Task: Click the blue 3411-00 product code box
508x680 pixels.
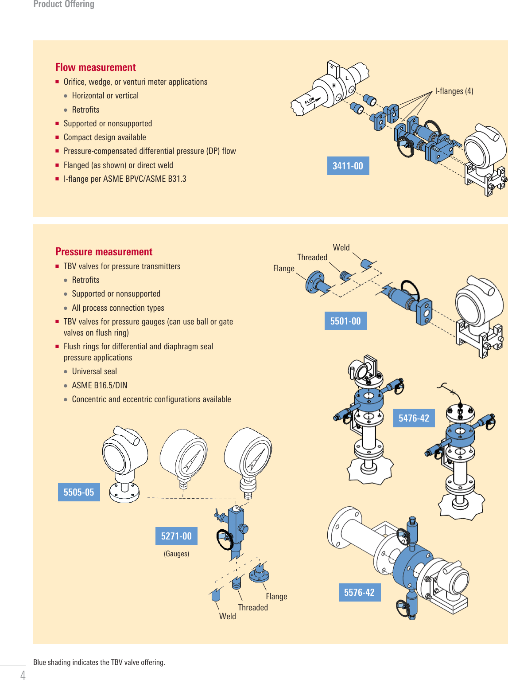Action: coord(348,166)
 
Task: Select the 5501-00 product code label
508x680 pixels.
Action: coord(345,321)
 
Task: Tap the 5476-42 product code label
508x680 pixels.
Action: coord(414,418)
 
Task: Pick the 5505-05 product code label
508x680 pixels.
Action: coord(79,492)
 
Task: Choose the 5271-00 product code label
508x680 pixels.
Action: coord(176,536)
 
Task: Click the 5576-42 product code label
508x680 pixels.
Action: coord(359,592)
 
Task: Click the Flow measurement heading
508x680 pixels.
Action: coord(96,67)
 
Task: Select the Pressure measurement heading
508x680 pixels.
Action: coord(104,252)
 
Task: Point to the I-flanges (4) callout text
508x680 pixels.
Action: coord(454,91)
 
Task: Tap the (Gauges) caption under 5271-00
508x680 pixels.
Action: coord(176,554)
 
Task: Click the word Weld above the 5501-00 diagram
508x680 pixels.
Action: coord(341,247)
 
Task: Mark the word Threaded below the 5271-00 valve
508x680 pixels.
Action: coord(253,607)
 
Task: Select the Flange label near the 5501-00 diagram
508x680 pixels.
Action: coord(283,268)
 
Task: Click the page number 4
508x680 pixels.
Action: coord(23,675)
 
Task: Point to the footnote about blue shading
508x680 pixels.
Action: coord(99,662)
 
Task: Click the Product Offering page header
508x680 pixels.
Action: coord(64,4)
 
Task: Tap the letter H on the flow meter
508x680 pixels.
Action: coord(334,86)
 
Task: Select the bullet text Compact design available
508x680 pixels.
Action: coord(105,137)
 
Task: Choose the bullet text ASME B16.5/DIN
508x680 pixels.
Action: coord(100,385)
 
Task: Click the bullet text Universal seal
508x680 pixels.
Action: coord(94,371)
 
